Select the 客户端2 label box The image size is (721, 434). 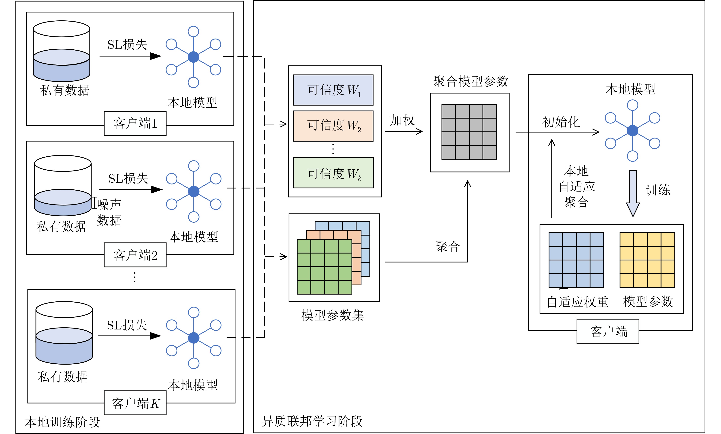(135, 255)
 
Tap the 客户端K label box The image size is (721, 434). (135, 403)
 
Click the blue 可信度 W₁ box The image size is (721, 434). (333, 90)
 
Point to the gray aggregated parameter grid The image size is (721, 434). (469, 132)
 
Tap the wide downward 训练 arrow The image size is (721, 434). (633, 193)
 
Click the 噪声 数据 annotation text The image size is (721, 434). (109, 212)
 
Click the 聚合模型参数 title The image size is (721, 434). (470, 81)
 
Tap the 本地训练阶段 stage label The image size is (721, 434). (62, 422)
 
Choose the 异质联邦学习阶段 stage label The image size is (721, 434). (312, 421)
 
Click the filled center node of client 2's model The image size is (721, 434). (194, 192)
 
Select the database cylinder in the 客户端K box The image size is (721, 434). (64, 333)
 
